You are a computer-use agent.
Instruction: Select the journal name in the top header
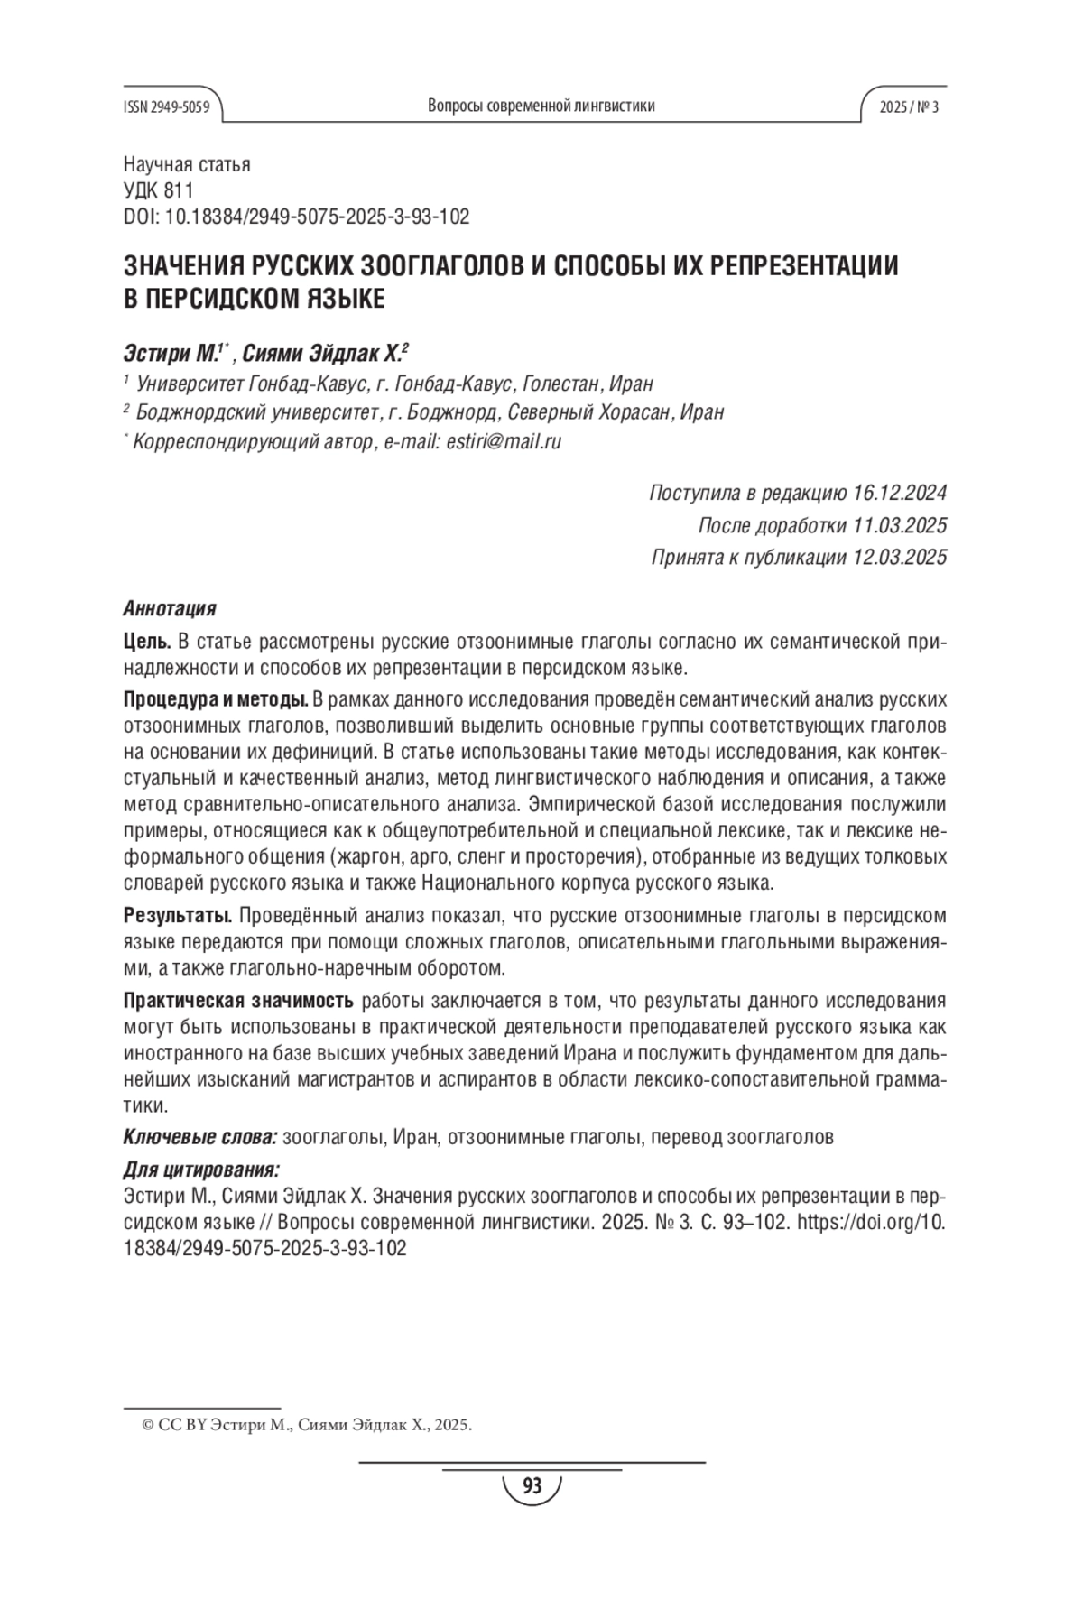coord(541,106)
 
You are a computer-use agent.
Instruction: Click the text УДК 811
coord(158,190)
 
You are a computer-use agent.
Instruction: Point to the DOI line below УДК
coord(295,217)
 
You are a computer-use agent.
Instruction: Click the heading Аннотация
coord(169,608)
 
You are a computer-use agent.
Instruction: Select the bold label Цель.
coord(146,642)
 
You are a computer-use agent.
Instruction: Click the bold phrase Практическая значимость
coord(238,1001)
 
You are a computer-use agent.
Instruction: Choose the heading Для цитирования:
coord(201,1170)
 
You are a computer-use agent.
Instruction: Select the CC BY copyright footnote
coord(306,1426)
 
